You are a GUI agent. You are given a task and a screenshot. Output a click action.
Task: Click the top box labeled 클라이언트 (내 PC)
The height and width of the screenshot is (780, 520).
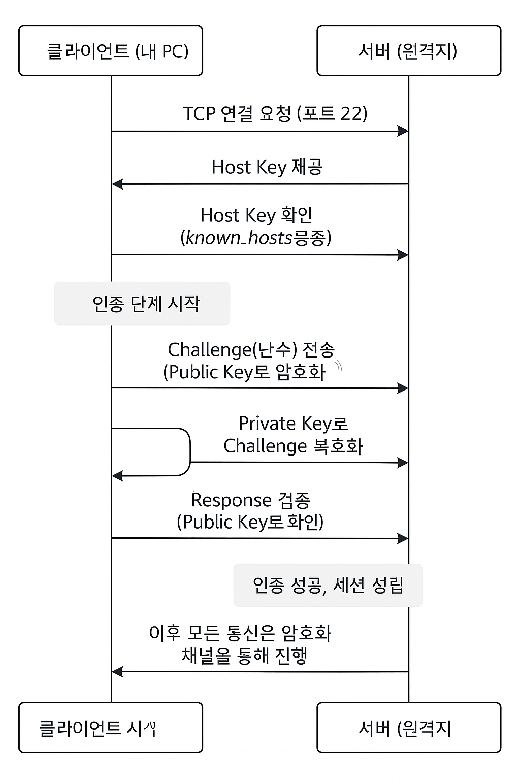click(111, 51)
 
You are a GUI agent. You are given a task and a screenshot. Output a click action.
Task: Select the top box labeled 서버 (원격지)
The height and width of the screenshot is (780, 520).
click(409, 51)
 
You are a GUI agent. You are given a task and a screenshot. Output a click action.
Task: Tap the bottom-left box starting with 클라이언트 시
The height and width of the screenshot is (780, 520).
click(111, 727)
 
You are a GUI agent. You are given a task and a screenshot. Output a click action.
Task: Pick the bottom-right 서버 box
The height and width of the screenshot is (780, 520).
click(409, 727)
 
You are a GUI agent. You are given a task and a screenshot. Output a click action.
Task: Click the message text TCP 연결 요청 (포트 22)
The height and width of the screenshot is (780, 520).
click(275, 113)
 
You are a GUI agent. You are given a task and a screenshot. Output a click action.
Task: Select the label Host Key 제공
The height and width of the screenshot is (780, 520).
click(267, 167)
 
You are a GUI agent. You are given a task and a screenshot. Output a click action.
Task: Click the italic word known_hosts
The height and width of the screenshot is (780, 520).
click(239, 238)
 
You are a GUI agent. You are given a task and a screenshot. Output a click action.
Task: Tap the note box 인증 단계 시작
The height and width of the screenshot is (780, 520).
click(142, 304)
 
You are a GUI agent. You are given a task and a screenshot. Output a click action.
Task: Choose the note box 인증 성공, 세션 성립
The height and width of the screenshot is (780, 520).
click(328, 585)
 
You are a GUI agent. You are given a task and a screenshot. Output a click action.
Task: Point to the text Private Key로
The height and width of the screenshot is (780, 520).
click(293, 423)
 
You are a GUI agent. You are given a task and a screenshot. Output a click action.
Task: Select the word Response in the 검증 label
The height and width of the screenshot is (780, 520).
click(223, 500)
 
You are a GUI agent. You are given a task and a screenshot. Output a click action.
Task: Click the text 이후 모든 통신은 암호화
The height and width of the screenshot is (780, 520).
click(240, 633)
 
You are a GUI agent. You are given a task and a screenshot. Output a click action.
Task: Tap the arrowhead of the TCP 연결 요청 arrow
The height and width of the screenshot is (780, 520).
click(403, 132)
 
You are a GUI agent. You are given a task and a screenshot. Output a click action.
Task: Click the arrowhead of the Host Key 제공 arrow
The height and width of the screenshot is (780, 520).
click(117, 184)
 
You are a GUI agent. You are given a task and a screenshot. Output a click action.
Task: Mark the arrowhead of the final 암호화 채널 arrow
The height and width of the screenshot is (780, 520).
click(117, 672)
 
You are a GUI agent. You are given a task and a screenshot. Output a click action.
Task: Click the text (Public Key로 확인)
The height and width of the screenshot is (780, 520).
click(250, 522)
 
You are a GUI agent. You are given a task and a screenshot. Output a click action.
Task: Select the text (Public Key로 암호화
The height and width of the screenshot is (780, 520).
click(244, 372)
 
